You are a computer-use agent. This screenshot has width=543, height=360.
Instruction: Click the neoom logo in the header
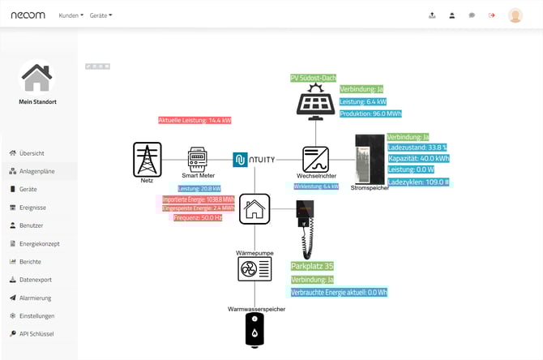pos(28,15)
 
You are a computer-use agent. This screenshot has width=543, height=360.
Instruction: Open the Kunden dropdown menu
pos(71,15)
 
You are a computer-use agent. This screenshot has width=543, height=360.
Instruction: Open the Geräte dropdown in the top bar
pos(100,15)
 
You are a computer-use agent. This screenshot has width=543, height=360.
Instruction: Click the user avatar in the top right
pos(515,15)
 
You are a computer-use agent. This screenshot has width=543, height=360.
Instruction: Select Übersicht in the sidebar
pos(32,153)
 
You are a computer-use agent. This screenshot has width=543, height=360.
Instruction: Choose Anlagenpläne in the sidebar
pos(36,171)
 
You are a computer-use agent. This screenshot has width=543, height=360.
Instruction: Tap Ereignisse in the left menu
pos(32,208)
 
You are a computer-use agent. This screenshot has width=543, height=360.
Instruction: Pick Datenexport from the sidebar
pos(35,280)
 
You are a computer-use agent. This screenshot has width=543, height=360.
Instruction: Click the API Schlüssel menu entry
pos(36,333)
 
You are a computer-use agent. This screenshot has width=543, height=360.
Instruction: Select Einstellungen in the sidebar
pos(36,315)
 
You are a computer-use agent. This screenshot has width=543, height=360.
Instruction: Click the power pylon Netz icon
pos(147,159)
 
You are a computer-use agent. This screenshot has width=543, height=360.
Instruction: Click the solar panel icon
pos(315,102)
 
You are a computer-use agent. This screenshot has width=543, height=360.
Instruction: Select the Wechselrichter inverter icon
pos(315,158)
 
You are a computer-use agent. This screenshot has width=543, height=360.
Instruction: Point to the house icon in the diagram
pos(254,208)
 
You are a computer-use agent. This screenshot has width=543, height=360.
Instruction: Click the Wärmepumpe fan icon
pos(254,269)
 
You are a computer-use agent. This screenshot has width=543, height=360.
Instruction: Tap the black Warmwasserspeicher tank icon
pos(254,330)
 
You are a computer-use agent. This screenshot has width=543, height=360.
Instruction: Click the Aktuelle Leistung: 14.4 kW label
pos(195,120)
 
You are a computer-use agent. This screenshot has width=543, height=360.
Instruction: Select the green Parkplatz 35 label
pos(312,266)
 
